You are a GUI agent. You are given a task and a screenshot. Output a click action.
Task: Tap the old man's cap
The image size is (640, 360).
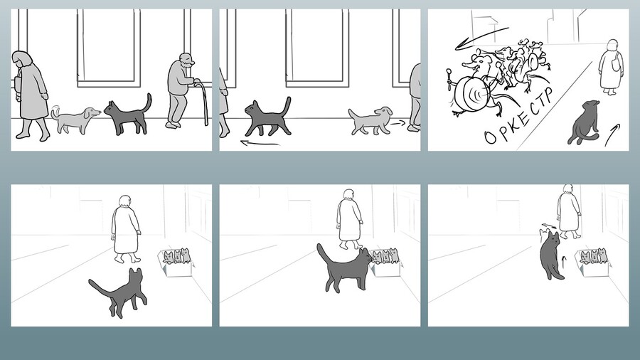tap(187, 58)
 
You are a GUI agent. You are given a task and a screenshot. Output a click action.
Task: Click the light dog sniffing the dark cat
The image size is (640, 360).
tap(75, 120)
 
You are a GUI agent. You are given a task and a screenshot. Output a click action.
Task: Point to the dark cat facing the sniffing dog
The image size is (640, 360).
tap(127, 115)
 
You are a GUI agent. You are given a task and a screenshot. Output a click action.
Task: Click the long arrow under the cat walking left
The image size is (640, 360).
tap(260, 143)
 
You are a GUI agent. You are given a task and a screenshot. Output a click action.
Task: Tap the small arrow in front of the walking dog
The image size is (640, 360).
tap(398, 122)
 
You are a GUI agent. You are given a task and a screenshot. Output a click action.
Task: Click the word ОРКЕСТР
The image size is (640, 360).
tap(519, 116)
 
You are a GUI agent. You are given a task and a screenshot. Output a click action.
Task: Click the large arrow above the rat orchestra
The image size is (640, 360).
tap(481, 38)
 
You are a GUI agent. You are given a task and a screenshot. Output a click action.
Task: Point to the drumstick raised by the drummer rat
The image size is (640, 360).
tap(450, 79)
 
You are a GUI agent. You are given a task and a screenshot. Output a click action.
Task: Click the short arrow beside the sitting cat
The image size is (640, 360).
tap(612, 134)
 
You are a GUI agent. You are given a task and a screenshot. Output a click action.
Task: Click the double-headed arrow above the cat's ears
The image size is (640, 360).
tap(548, 226)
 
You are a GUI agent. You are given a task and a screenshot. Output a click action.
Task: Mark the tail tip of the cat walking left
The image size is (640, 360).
tap(289, 98)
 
